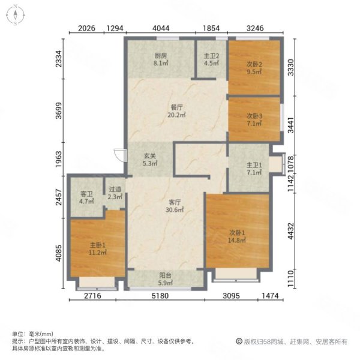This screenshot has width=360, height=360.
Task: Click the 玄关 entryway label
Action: tap(149, 157)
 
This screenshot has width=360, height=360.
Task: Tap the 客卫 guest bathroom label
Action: tap(86, 194)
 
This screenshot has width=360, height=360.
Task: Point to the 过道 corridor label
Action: tap(114, 189)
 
